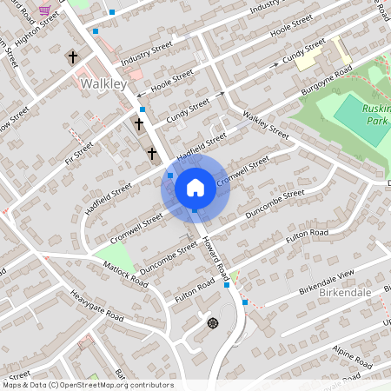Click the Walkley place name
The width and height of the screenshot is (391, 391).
click(x=103, y=83)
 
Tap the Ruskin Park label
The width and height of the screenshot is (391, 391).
click(x=377, y=115)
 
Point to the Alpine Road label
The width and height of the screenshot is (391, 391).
click(x=350, y=351)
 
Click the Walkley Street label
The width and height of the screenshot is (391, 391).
click(x=265, y=125)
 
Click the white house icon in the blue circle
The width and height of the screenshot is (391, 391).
click(x=195, y=187)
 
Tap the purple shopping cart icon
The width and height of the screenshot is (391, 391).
click(x=44, y=9)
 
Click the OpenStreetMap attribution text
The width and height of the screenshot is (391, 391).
click(x=87, y=385)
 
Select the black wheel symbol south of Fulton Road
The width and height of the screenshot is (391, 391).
click(x=212, y=323)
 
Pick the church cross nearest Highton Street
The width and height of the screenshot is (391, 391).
click(x=72, y=58)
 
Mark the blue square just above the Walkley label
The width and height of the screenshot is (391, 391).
click(x=96, y=31)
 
